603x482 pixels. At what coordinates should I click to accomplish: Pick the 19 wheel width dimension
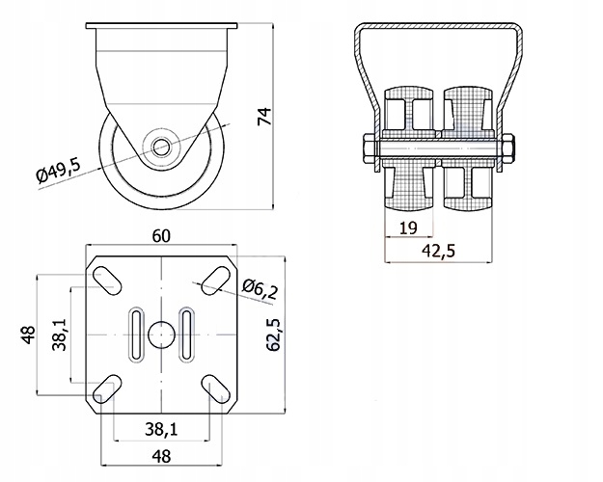pyautogui.click(x=407, y=228)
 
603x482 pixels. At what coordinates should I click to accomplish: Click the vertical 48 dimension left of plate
pyautogui.click(x=28, y=335)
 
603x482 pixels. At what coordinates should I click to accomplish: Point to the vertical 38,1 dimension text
pyautogui.click(x=59, y=335)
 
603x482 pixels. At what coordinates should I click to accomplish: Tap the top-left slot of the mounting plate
pyautogui.click(x=107, y=279)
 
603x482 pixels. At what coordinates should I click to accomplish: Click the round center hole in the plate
pyautogui.click(x=160, y=334)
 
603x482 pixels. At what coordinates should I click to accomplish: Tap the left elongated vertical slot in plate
pyautogui.click(x=136, y=334)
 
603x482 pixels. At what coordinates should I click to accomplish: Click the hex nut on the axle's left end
pyautogui.click(x=369, y=149)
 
